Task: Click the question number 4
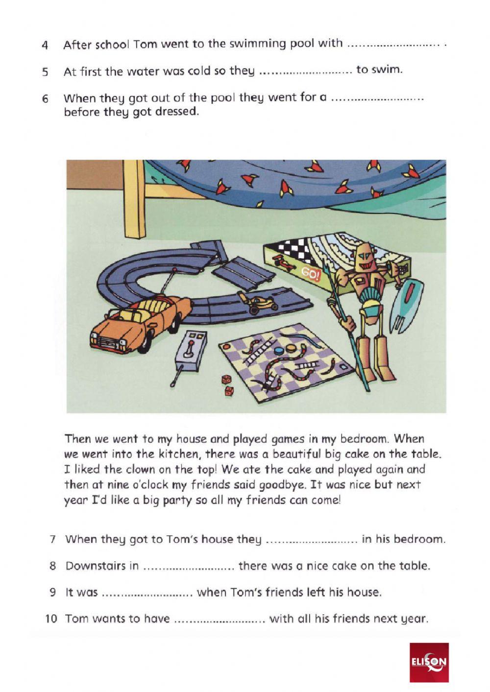point(45,46)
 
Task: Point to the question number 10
point(51,619)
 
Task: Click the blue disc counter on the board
point(277,351)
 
